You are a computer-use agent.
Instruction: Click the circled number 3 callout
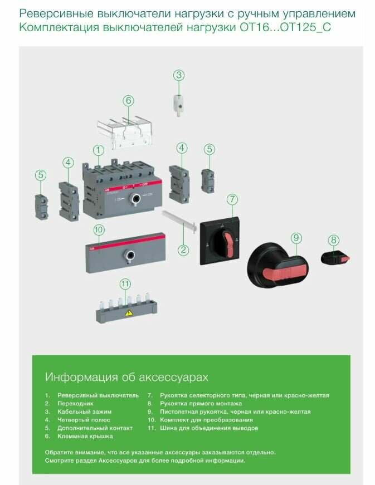point(178,75)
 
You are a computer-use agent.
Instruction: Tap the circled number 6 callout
point(128,101)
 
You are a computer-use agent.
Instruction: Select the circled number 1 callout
point(99,150)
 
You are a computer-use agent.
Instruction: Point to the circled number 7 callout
point(232,200)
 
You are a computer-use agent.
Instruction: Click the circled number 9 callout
point(296,238)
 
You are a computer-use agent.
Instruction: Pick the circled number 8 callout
point(333,240)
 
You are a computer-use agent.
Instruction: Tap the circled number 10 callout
point(99,229)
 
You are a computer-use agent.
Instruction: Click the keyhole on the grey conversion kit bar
point(129,255)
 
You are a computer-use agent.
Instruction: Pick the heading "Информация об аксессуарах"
point(126,377)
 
